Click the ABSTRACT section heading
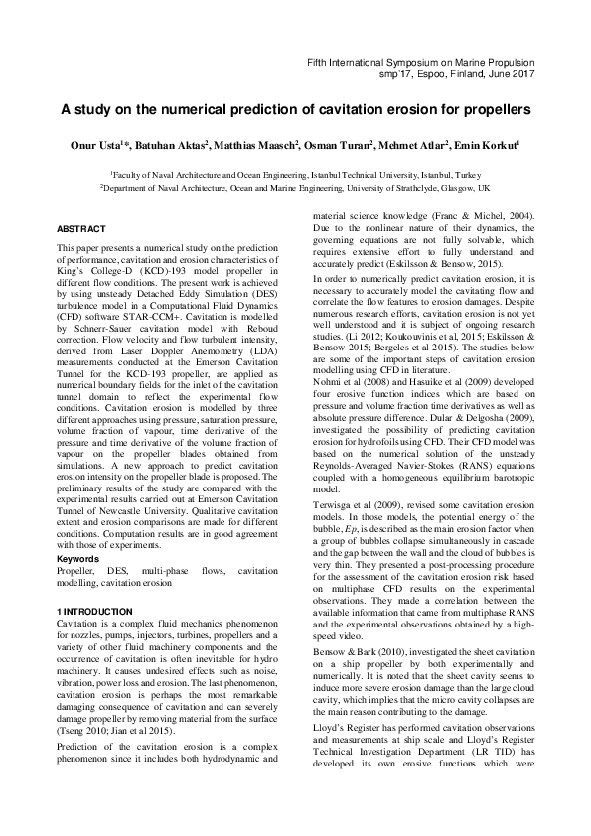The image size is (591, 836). click(81, 229)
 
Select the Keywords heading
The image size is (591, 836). click(78, 559)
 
